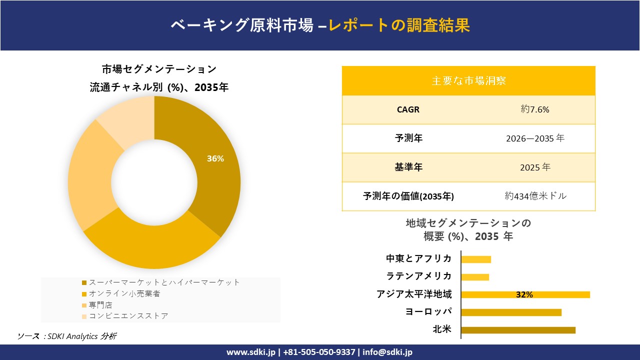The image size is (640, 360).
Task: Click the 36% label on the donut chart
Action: (x=215, y=159)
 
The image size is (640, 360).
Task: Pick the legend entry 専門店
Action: (x=100, y=305)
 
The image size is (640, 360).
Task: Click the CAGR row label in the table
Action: (x=408, y=109)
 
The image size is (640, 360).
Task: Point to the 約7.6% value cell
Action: (x=534, y=109)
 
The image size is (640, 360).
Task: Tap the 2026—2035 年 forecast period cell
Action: (x=534, y=138)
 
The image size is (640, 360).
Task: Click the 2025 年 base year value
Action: (x=534, y=167)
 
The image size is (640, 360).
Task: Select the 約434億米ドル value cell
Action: (x=535, y=196)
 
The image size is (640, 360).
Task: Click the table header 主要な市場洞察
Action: (x=468, y=80)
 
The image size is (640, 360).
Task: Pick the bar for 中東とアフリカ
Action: (x=476, y=259)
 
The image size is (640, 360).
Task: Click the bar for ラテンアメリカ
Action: (x=475, y=277)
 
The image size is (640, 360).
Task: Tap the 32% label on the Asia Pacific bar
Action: (x=524, y=295)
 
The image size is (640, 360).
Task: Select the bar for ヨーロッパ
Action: (x=511, y=312)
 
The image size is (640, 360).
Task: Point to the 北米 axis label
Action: (x=442, y=329)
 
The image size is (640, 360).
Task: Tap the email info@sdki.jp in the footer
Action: (x=387, y=352)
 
